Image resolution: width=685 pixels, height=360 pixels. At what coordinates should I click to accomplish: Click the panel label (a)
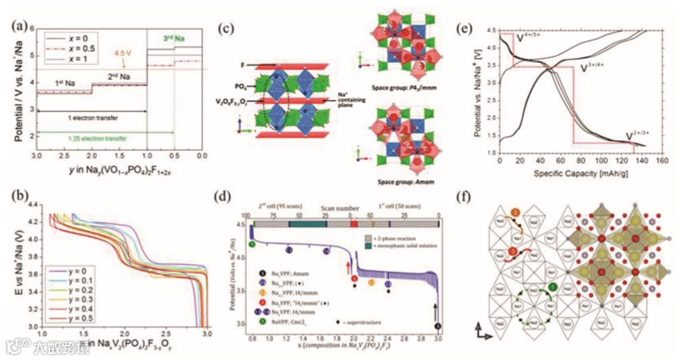pos(20,28)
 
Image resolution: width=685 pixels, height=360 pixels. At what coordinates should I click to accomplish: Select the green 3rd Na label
pos(174,40)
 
